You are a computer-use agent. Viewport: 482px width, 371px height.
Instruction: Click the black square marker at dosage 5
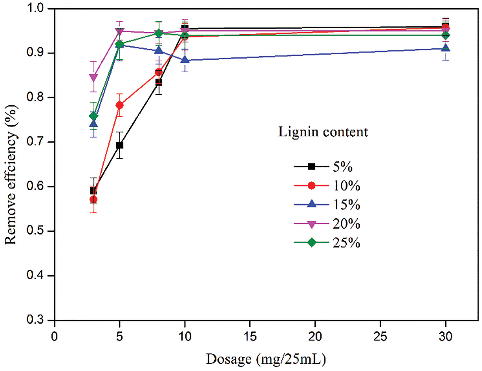click(x=120, y=145)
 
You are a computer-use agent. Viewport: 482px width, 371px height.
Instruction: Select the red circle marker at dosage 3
click(x=93, y=199)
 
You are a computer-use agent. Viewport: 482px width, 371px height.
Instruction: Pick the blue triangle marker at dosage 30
click(x=445, y=48)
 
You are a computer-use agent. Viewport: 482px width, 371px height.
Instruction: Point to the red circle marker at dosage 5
click(x=120, y=105)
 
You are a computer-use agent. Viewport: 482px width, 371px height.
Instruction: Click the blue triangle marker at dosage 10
click(x=185, y=60)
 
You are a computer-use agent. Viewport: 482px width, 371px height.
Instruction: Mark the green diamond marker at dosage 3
click(x=93, y=116)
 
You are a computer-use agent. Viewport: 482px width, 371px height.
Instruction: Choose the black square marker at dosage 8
click(x=159, y=82)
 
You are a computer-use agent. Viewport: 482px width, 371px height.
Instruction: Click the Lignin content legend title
click(x=323, y=132)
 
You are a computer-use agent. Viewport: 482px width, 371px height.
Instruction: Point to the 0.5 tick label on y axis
click(x=36, y=231)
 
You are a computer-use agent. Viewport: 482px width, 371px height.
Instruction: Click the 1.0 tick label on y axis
click(x=36, y=8)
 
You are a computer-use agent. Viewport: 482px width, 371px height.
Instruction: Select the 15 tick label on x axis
click(x=250, y=337)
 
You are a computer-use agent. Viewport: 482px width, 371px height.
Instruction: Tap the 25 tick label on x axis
click(x=380, y=337)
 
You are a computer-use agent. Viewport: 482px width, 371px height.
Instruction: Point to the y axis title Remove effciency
click(x=11, y=175)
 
